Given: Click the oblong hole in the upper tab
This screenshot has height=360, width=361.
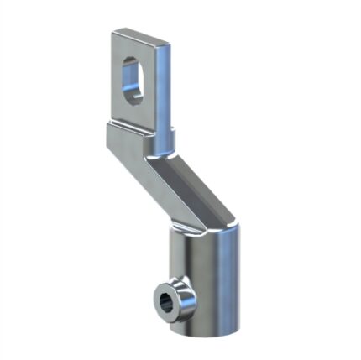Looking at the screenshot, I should point(133,79).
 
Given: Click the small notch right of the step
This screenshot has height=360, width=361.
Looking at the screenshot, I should point(170,133).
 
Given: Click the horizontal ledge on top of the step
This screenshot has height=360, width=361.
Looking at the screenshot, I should point(130,128).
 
